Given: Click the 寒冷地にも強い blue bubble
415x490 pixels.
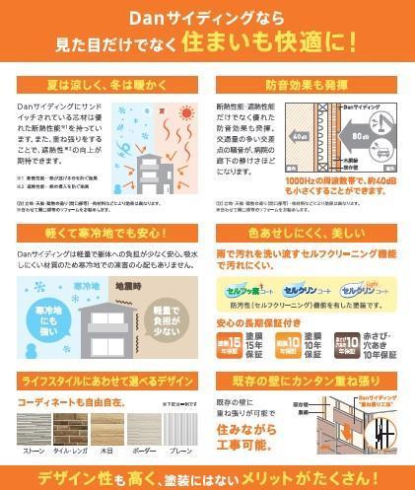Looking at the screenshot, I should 49,319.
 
